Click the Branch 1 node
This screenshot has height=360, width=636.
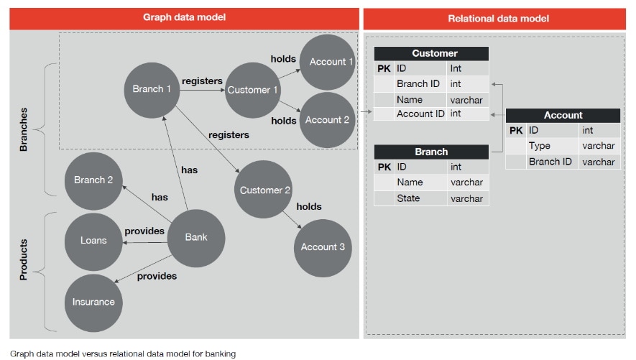click(x=152, y=90)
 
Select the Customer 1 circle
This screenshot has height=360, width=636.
click(x=252, y=91)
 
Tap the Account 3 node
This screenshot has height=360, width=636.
click(x=323, y=247)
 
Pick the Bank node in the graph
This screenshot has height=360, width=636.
click(x=195, y=237)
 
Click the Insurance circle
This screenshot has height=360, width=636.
click(x=93, y=302)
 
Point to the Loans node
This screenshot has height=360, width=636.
click(x=93, y=241)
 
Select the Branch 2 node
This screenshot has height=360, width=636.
click(x=93, y=180)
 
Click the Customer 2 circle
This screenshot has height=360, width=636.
click(x=264, y=190)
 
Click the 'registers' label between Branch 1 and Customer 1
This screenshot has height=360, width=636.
click(x=202, y=81)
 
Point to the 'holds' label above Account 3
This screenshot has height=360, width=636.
click(x=309, y=207)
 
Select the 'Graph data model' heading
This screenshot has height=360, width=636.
click(x=184, y=18)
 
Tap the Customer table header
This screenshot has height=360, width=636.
click(x=431, y=54)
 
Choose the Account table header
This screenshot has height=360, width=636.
click(x=563, y=115)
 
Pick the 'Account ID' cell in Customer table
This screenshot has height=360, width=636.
click(x=420, y=114)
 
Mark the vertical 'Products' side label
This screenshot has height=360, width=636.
click(x=23, y=259)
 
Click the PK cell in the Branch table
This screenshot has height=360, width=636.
click(x=384, y=167)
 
